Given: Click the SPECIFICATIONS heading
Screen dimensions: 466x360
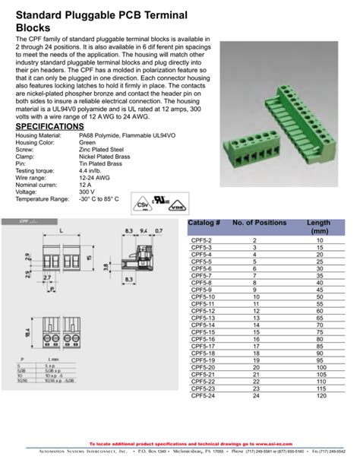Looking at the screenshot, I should coord(49,126).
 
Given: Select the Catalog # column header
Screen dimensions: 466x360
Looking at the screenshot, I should coord(204,223).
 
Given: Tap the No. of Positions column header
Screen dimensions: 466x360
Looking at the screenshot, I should coord(259,223).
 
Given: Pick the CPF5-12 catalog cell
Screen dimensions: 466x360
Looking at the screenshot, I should coord(201,311).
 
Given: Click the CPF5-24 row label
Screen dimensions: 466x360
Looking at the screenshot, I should coord(201,396).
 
